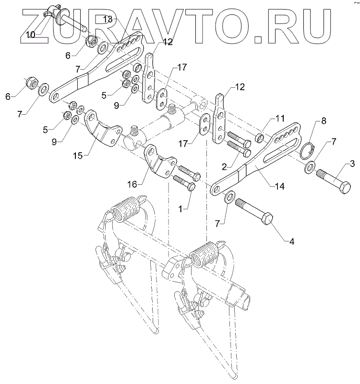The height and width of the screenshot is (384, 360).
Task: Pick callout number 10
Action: click(30, 35)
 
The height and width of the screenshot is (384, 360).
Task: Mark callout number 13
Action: click(108, 19)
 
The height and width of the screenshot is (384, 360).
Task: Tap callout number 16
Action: click(133, 183)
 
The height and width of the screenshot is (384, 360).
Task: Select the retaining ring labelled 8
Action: click(305, 151)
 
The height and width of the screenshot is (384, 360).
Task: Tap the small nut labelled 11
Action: click(260, 139)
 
